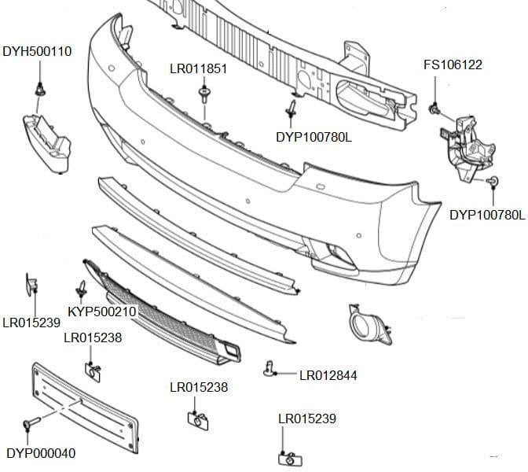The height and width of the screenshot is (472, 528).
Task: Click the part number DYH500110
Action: point(37,52)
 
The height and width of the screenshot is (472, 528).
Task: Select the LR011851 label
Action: point(198,68)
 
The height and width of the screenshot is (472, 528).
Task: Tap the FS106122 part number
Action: point(453,65)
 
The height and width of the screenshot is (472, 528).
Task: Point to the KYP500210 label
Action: point(102,312)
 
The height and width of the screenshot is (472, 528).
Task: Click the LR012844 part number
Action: point(328,375)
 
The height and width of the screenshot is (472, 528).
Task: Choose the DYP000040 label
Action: point(41,453)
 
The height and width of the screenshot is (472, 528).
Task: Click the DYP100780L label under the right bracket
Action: point(486,214)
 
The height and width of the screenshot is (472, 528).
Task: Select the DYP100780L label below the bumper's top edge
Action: point(313,137)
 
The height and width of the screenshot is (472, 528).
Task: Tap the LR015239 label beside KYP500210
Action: point(31,323)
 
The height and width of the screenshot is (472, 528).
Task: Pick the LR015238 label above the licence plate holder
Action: point(92,338)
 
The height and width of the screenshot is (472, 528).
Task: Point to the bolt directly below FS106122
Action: point(433,109)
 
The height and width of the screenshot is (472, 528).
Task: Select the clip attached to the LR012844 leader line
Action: point(270,367)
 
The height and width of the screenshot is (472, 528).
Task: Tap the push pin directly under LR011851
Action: point(204,96)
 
